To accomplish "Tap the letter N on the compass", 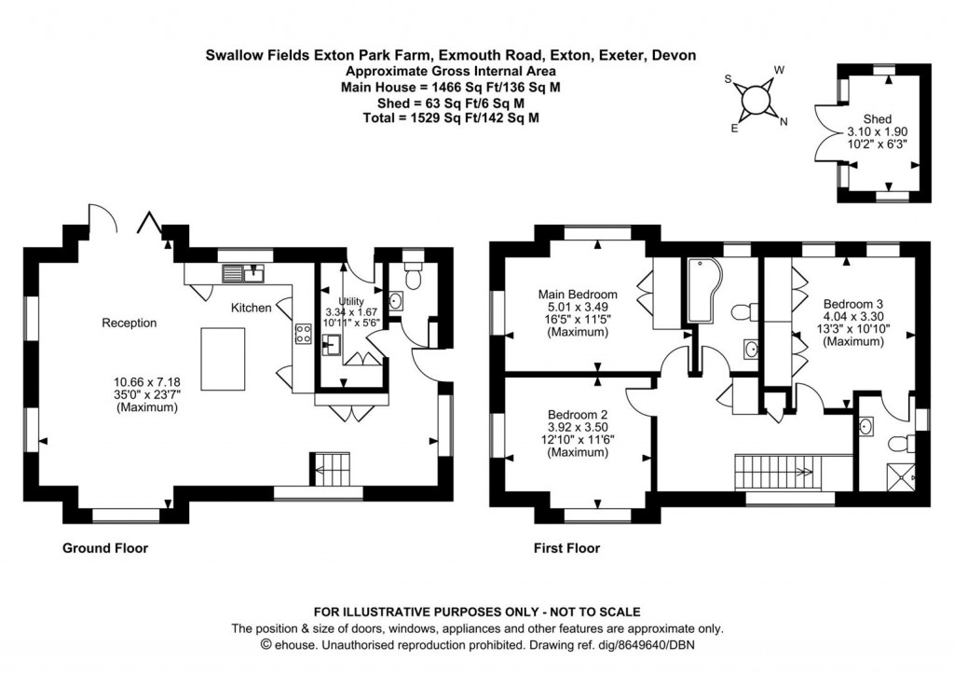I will point(783,122).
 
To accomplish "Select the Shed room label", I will point(877,119).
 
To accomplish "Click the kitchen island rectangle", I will point(224,360).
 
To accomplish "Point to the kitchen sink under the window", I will point(246,273).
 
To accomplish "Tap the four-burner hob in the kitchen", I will point(303,335).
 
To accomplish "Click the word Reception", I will point(129,323).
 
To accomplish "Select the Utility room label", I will point(350,301).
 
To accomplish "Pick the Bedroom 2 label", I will point(578,415).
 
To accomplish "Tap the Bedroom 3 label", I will point(852,304).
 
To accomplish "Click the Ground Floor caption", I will point(104,548).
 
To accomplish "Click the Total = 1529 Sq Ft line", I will point(450,118).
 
